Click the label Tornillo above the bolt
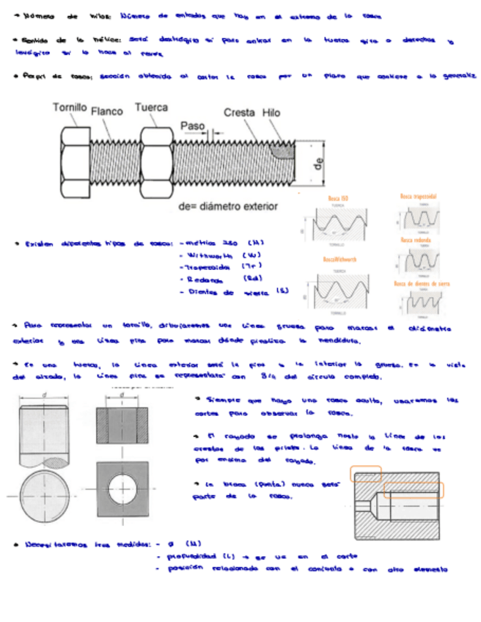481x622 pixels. pyautogui.click(x=70, y=107)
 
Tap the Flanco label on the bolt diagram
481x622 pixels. pyautogui.click(x=107, y=111)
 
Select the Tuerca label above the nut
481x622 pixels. pyautogui.click(x=151, y=107)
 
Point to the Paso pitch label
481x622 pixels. pyautogui.click(x=192, y=125)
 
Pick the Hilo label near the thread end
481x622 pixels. pyautogui.click(x=271, y=112)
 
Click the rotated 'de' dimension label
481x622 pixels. pyautogui.click(x=317, y=164)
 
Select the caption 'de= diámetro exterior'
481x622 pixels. pyautogui.click(x=228, y=206)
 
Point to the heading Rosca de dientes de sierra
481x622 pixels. pyautogui.click(x=422, y=283)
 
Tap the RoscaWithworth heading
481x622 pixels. pyautogui.click(x=339, y=259)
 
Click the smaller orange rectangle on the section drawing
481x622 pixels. pyautogui.click(x=365, y=473)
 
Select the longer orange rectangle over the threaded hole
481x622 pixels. pyautogui.click(x=419, y=489)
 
